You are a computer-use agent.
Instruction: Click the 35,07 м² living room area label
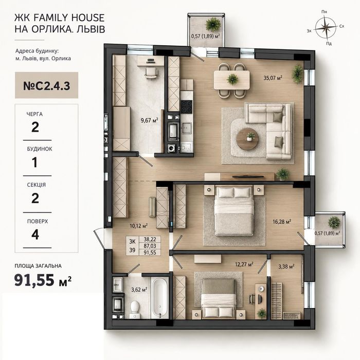[x=273, y=78]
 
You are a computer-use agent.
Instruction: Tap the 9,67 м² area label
[x=150, y=120]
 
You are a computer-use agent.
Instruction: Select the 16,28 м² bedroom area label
[x=282, y=222]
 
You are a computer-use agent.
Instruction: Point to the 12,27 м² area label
[x=244, y=264]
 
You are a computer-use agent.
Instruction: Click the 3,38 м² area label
[x=286, y=266]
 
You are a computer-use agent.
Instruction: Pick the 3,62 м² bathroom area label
[x=139, y=290]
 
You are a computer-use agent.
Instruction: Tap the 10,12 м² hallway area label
[x=139, y=226]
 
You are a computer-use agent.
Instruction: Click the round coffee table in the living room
[x=247, y=139]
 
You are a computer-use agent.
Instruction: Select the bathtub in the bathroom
[x=160, y=298]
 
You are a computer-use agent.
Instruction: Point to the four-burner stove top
[x=186, y=107]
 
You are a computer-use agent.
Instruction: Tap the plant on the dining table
[x=232, y=79]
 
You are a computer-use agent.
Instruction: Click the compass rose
[x=326, y=28]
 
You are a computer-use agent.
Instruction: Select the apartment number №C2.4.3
[x=47, y=86]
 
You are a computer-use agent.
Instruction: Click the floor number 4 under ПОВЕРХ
[x=35, y=235]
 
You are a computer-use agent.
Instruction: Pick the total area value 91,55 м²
[x=43, y=280]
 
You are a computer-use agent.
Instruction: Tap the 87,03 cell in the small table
[x=150, y=246]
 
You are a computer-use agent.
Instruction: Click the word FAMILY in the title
[x=51, y=17]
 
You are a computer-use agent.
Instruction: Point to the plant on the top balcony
[x=213, y=24]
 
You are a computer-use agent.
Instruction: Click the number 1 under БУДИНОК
[x=34, y=163]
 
